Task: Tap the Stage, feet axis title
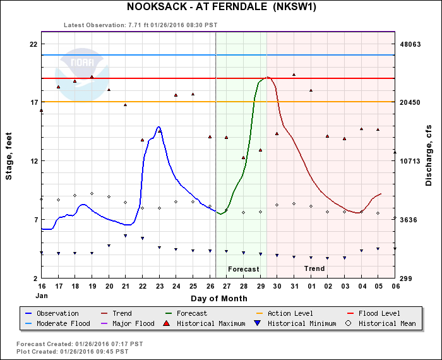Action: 9,161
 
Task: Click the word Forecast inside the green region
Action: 243,269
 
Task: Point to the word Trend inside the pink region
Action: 314,269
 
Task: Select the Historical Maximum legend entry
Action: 206,324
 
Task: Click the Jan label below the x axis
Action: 42,296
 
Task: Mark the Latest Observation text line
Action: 140,25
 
